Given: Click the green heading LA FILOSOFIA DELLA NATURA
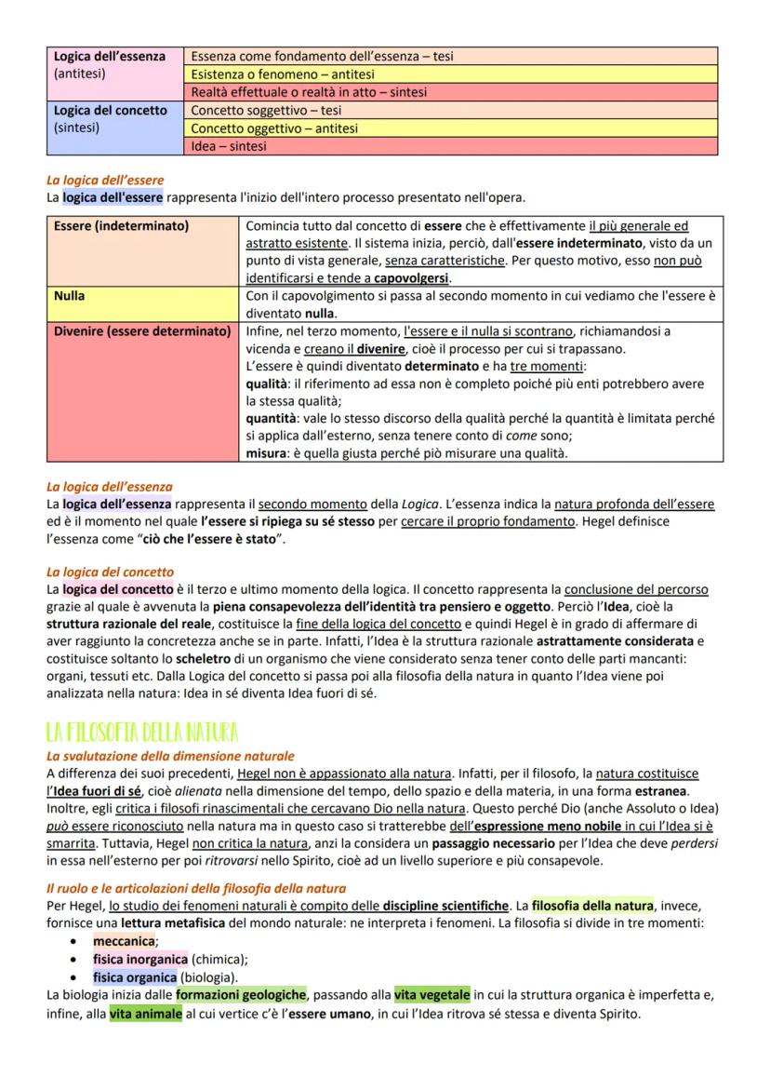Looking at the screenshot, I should pyautogui.click(x=142, y=731).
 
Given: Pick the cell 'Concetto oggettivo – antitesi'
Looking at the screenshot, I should pyautogui.click(x=274, y=128).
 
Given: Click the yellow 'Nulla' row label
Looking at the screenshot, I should pyautogui.click(x=70, y=295).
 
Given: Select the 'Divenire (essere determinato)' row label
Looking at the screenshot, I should pyautogui.click(x=141, y=330).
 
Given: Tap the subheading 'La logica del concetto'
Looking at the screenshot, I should pyautogui.click(x=110, y=572).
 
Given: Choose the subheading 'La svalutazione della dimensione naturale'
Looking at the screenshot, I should pyautogui.click(x=170, y=756).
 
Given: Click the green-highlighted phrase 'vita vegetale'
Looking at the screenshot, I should pyautogui.click(x=432, y=995).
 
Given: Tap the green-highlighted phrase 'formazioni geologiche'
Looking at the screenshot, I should pyautogui.click(x=241, y=995).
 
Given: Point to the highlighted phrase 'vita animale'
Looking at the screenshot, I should pyautogui.click(x=145, y=1014).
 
